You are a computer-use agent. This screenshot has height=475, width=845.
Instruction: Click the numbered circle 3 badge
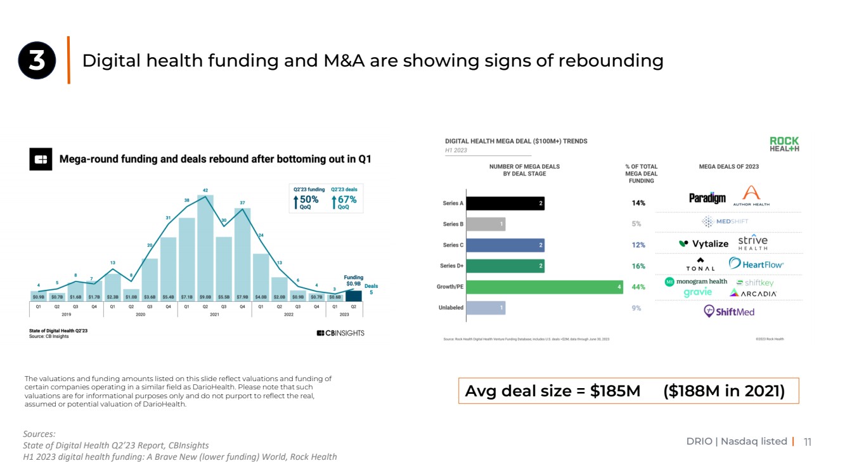point(37,61)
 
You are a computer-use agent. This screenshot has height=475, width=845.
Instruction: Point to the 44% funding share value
point(638,287)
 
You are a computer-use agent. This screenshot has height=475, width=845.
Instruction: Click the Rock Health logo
point(784,144)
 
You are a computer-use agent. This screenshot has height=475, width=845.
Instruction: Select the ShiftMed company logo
point(729,311)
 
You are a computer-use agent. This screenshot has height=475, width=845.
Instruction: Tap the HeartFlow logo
point(756,264)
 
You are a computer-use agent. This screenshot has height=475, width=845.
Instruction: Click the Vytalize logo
point(703,244)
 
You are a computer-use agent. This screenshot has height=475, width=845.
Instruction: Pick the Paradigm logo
point(707,198)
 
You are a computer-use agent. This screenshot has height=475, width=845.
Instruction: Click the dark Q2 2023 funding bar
point(353,296)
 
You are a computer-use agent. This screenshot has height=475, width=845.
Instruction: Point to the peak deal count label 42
point(205,190)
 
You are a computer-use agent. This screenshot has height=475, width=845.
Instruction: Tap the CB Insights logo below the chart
point(340,333)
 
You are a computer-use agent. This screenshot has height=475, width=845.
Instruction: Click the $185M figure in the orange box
point(615,391)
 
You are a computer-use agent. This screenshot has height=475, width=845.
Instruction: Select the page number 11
point(807,442)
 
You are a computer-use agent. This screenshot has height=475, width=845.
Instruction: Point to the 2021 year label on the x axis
point(214,313)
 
